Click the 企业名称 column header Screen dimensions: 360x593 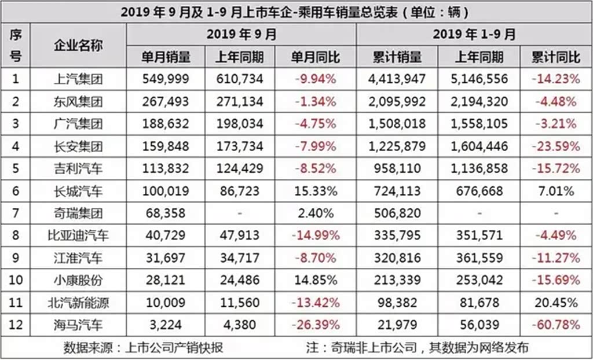click(78, 45)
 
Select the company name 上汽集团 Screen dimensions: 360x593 click(78, 79)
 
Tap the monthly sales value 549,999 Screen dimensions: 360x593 click(166, 79)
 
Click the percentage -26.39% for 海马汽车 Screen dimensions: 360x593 click(315, 326)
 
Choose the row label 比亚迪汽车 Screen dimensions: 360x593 click(78, 236)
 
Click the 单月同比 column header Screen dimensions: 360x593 click(315, 57)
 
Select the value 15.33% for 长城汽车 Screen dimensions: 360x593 click(315, 191)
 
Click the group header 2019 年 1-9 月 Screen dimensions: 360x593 click(474, 34)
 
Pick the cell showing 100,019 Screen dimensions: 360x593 click(166, 191)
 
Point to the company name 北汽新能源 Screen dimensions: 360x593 click(78, 303)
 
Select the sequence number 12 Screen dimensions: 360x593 click(16, 326)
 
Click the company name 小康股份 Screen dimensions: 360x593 click(78, 281)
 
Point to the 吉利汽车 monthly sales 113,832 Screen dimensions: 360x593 click(166, 168)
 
